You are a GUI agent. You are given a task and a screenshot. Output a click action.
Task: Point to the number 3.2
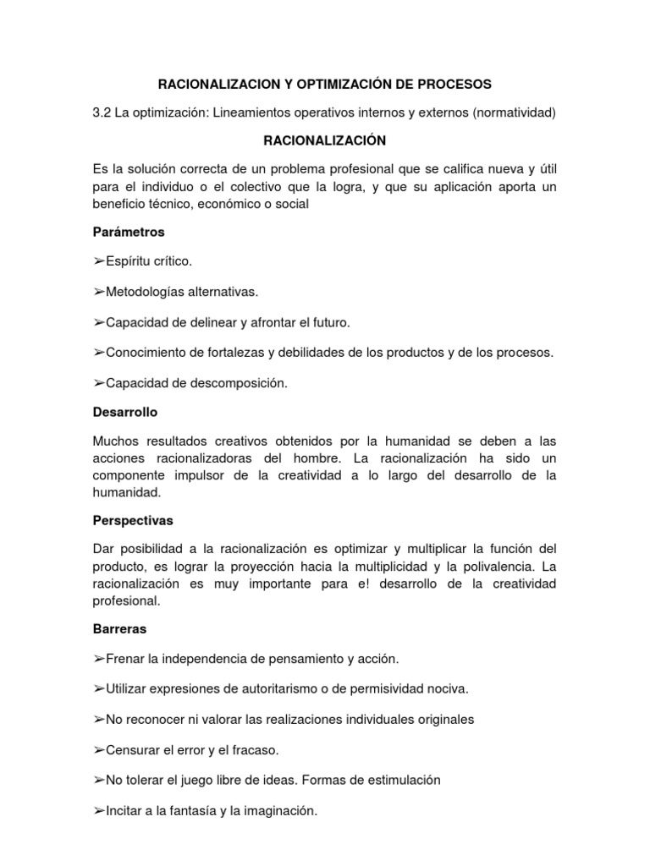tap(102, 112)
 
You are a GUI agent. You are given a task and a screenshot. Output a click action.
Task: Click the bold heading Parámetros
tap(129, 231)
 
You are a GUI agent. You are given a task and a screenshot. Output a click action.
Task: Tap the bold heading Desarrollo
tap(125, 412)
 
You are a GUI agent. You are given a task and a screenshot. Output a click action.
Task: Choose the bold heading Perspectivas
tap(133, 520)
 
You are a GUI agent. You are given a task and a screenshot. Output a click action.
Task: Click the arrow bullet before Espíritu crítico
tap(99, 261)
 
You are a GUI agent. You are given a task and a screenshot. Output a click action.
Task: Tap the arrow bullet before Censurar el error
tap(99, 749)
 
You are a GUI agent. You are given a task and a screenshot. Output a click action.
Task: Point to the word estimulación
tap(405, 780)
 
